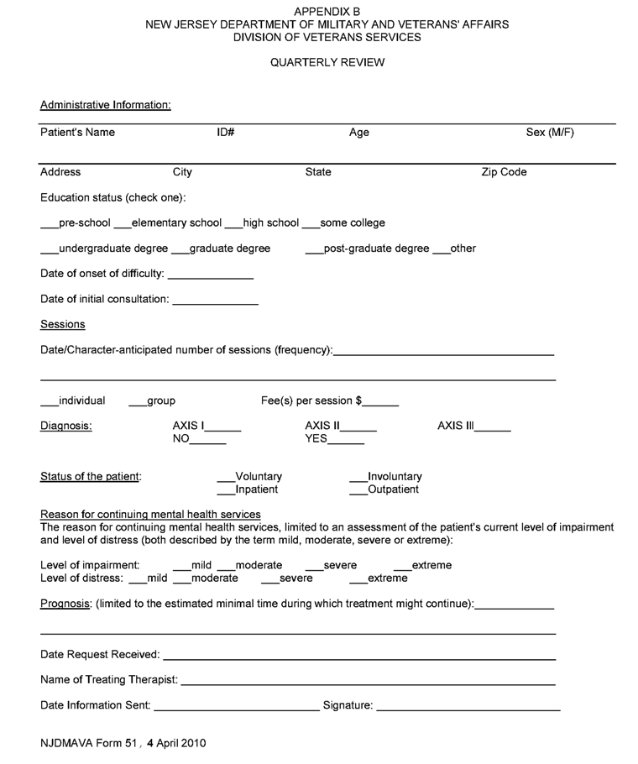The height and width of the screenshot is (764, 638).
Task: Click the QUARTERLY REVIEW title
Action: pyautogui.click(x=327, y=63)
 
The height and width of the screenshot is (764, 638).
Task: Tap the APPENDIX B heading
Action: pyautogui.click(x=327, y=11)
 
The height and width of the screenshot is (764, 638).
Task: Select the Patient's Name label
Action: pyautogui.click(x=77, y=132)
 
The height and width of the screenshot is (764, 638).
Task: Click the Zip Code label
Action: pyautogui.click(x=504, y=172)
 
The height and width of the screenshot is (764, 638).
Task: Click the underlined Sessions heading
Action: pyautogui.click(x=62, y=324)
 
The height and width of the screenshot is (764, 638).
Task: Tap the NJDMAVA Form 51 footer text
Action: pyautogui.click(x=123, y=743)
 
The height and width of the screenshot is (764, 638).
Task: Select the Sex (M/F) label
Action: pyautogui.click(x=550, y=132)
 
